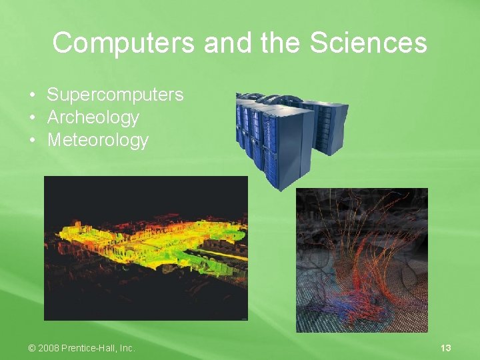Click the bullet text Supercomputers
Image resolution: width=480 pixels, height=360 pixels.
115,95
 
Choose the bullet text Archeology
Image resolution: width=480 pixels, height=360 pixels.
93,117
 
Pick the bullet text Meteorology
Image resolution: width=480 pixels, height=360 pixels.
97,140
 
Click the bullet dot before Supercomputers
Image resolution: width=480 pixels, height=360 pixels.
33,95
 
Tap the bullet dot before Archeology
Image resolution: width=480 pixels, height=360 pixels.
33,118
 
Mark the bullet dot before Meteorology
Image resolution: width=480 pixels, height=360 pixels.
33,141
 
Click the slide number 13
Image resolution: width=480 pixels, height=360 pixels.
446,348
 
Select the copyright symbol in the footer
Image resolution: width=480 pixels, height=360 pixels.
32,348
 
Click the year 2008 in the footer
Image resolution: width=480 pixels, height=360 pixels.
49,348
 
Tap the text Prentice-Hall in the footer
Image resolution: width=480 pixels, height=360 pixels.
90,348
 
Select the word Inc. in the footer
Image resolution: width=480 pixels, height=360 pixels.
127,348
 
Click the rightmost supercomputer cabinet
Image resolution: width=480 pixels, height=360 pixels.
331,127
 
